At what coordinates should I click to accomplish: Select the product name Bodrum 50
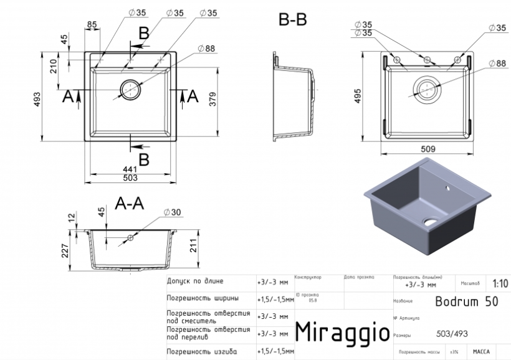click(466, 301)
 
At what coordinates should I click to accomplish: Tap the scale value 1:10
click(500, 282)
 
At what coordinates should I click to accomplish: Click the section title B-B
click(292, 19)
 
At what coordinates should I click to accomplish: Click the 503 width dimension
click(130, 178)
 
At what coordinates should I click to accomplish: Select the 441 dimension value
click(130, 169)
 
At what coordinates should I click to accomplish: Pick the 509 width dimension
click(427, 149)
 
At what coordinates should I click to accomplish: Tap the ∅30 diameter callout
click(172, 213)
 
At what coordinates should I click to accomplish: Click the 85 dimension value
click(92, 24)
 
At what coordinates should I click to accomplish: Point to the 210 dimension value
click(54, 65)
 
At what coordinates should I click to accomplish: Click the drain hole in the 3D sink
click(431, 220)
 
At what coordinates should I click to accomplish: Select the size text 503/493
click(447, 335)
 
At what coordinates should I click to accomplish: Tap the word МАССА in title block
click(481, 352)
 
